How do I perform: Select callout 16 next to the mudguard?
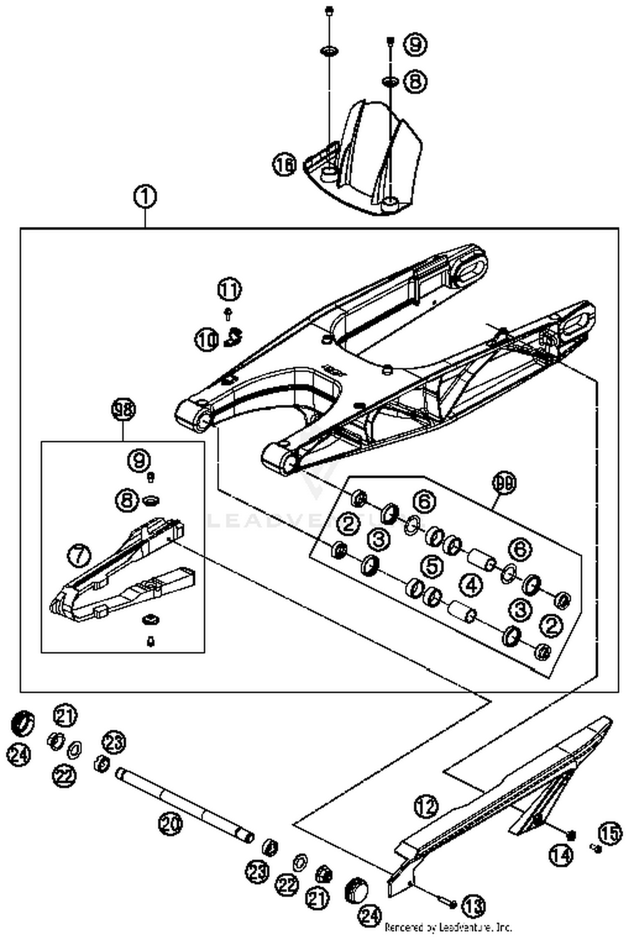[285, 164]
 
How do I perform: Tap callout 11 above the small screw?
[230, 290]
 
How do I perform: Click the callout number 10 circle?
[207, 340]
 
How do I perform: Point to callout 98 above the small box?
[123, 409]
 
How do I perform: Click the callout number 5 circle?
[432, 566]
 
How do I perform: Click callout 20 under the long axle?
[171, 823]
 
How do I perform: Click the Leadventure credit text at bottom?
[448, 928]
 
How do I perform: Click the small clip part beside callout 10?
[232, 337]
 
